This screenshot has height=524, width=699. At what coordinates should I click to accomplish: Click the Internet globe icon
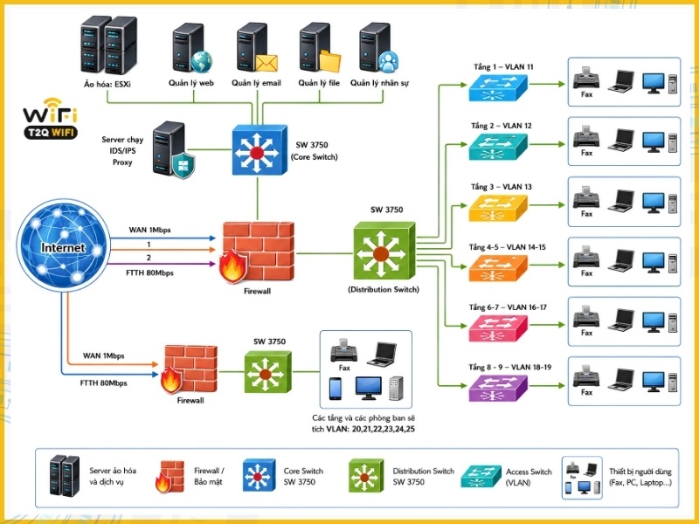click(63, 245)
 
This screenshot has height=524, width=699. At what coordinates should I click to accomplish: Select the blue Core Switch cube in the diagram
click(260, 149)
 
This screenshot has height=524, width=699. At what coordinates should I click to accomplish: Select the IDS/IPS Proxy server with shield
click(173, 149)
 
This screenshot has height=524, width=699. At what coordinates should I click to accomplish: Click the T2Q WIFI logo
click(51, 119)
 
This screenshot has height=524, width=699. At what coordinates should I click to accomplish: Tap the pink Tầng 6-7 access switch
click(498, 328)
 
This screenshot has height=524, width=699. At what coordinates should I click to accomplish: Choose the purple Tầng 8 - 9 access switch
click(498, 388)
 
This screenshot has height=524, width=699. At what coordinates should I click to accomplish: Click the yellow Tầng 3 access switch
click(498, 208)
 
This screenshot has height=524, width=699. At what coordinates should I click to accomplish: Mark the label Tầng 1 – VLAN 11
click(503, 67)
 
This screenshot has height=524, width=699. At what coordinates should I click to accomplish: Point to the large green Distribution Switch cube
click(384, 251)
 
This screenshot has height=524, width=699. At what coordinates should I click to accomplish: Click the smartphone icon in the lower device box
click(335, 389)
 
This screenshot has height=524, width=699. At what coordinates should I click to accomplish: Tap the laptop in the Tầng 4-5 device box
click(621, 260)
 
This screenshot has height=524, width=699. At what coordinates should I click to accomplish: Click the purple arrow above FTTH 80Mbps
click(163, 264)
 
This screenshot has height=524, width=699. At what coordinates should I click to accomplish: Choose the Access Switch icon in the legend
click(481, 476)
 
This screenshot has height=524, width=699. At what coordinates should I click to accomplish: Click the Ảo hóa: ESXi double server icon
click(108, 45)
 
